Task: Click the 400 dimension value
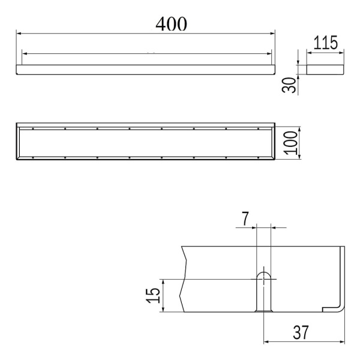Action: click(x=171, y=23)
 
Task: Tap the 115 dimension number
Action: click(x=325, y=43)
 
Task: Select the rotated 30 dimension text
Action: click(x=289, y=85)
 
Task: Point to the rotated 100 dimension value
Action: click(x=290, y=143)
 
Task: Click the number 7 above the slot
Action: click(x=245, y=219)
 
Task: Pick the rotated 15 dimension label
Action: click(x=152, y=295)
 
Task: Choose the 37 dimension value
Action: click(x=301, y=332)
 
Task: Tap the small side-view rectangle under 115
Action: click(x=325, y=70)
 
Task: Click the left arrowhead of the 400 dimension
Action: click(x=19, y=34)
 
